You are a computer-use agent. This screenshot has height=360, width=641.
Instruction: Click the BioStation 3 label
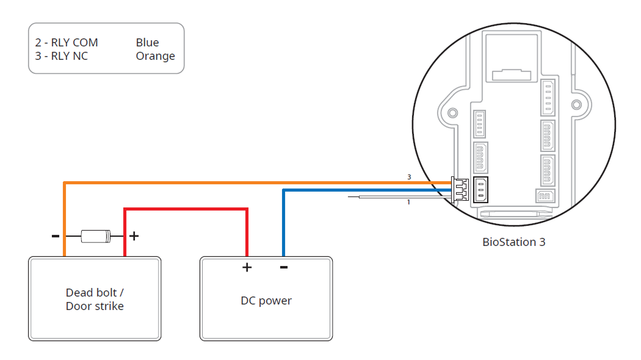tap(513, 242)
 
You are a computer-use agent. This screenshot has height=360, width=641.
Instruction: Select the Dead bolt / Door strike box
tap(95, 298)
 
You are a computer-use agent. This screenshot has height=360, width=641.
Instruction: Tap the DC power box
tap(266, 298)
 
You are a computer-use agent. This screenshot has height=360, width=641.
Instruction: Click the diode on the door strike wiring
tap(95, 235)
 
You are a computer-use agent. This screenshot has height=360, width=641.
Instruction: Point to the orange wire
tap(244, 182)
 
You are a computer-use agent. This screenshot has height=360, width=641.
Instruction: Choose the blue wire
tap(366, 190)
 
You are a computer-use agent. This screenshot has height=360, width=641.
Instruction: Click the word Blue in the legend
tap(147, 43)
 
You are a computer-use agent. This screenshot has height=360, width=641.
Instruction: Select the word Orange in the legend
tap(155, 56)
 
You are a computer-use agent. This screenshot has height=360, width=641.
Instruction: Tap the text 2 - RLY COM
tap(67, 43)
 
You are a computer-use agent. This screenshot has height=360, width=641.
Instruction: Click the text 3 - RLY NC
tap(62, 56)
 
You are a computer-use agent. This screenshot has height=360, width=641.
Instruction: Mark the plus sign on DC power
tap(247, 267)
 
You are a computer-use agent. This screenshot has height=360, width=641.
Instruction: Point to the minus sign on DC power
tap(284, 267)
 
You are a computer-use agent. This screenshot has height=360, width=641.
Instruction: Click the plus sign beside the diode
tap(134, 236)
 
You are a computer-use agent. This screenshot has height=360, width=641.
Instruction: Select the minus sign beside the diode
tap(55, 236)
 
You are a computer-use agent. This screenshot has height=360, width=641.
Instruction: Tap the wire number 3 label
tap(409, 177)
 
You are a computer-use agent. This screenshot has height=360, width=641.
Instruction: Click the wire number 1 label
tap(408, 202)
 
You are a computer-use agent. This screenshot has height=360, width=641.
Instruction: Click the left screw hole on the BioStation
tap(452, 113)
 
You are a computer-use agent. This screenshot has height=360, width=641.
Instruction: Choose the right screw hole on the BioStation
tap(575, 104)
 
